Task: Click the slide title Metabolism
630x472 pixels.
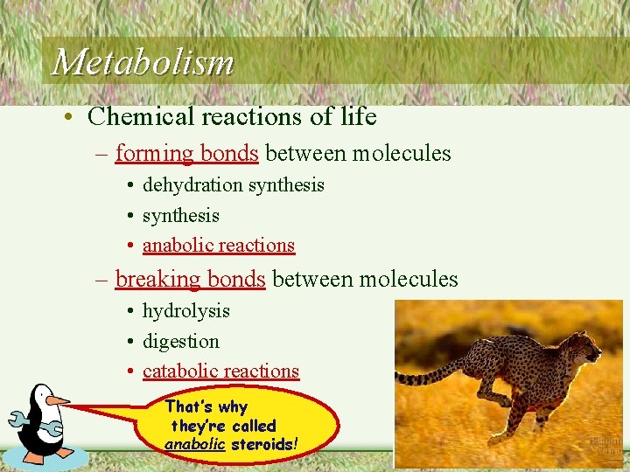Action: (x=143, y=62)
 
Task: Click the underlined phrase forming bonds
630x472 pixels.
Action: (x=186, y=154)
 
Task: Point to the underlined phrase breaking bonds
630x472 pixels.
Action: (x=190, y=279)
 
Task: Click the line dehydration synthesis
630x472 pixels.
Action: (x=233, y=185)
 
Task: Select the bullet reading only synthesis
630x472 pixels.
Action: (x=180, y=215)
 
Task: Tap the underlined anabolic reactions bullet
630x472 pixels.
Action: (x=218, y=246)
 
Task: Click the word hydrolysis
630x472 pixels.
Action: (x=185, y=311)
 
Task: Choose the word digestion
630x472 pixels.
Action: (x=180, y=341)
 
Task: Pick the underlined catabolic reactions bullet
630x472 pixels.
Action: (x=220, y=371)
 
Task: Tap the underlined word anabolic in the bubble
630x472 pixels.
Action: (x=194, y=444)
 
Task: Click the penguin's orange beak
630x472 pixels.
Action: (x=57, y=400)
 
